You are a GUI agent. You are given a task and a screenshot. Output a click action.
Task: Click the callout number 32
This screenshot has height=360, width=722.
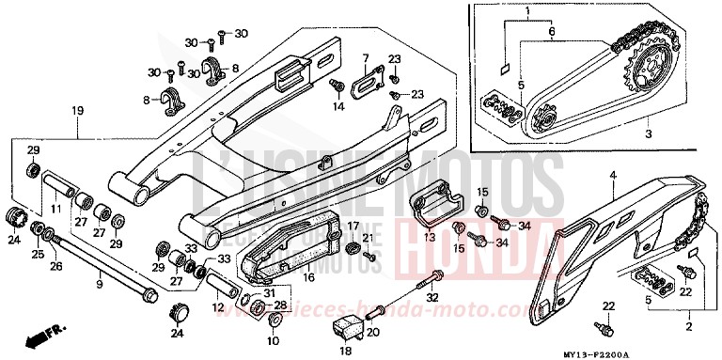coord(432,297)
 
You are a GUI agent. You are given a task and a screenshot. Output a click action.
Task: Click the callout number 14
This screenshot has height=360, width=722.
coord(339,107)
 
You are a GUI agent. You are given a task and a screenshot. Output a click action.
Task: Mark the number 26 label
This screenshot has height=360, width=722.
coord(57,267)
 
